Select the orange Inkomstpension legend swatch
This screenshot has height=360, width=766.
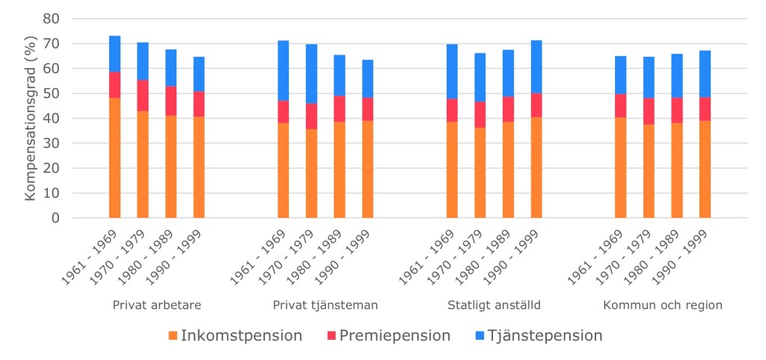(x=174, y=335)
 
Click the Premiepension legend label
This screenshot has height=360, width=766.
(x=394, y=335)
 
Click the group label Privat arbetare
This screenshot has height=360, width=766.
(x=156, y=305)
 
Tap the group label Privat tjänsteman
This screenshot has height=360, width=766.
(x=325, y=305)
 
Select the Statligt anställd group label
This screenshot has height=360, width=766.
(x=494, y=305)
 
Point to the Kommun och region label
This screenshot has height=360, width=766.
(x=662, y=305)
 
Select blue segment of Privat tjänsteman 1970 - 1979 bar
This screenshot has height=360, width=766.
(x=311, y=73)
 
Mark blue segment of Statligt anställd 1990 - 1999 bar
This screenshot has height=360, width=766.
(x=536, y=67)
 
